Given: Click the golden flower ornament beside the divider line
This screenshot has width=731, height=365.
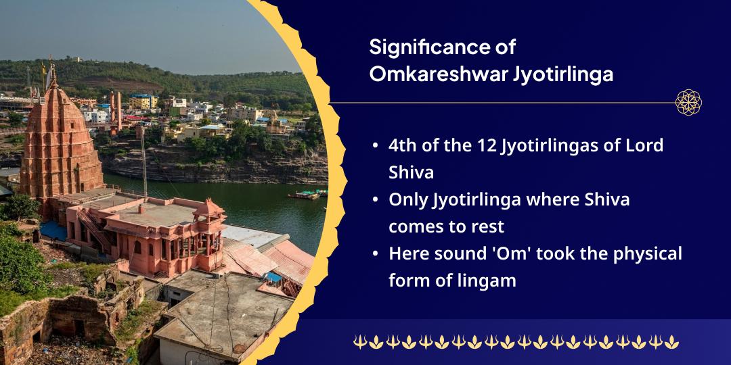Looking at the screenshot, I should pyautogui.click(x=688, y=102).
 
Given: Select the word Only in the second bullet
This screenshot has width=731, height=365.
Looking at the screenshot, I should pyautogui.click(x=406, y=200).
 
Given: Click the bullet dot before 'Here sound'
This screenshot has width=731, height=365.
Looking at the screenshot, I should pyautogui.click(x=376, y=254).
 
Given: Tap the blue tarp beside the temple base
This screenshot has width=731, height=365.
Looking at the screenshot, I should pyautogui.click(x=53, y=230).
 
